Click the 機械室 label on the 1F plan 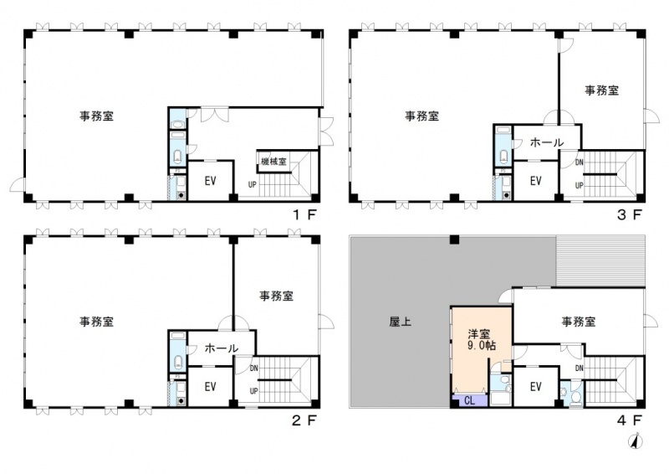[x=273, y=162]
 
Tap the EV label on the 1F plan [x=211, y=181]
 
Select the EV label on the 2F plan [x=211, y=386]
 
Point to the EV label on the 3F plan [x=536, y=181]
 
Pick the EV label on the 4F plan [x=536, y=386]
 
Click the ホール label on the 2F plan [x=222, y=348]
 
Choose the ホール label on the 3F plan [x=547, y=142]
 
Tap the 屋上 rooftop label [x=401, y=322]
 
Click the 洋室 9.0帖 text [x=482, y=340]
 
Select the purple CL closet [x=470, y=400]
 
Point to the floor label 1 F [x=304, y=214]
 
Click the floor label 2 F [x=304, y=420]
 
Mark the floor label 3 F [x=630, y=214]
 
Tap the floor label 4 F [x=630, y=420]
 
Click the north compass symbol [x=636, y=441]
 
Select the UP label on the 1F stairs [x=253, y=185]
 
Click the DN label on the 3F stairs [x=579, y=162]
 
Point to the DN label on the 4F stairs [x=579, y=368]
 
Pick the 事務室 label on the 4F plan [x=579, y=322]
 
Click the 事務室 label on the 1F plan [x=96, y=116]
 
